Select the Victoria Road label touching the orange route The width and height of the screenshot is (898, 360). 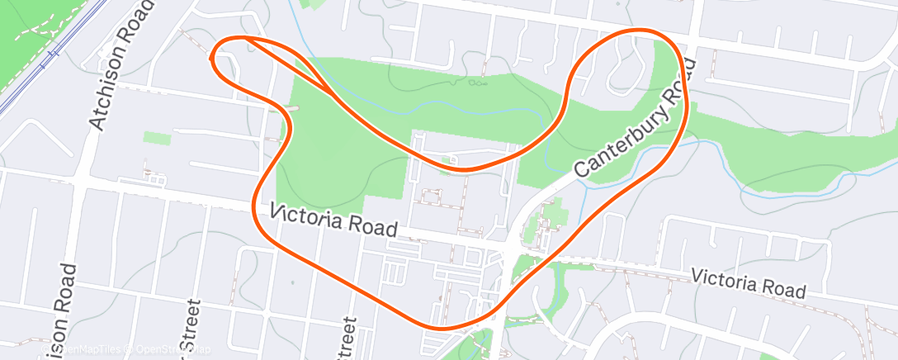(334, 220)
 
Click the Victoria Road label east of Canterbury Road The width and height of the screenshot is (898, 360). (748, 282)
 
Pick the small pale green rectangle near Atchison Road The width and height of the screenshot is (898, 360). (156, 138)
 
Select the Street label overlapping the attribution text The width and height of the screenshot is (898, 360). (190, 330)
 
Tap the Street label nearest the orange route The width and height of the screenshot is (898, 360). (347, 339)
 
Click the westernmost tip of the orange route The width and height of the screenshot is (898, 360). (213, 58)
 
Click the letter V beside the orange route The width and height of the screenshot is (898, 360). (276, 213)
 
